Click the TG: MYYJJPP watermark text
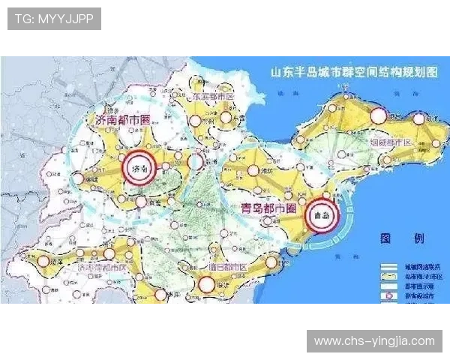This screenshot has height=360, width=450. coord(53,18)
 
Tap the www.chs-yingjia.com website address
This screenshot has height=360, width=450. coord(374,341)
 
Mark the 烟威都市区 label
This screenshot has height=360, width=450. coord(391,141)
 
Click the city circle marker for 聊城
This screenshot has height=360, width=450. coord(79,178)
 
